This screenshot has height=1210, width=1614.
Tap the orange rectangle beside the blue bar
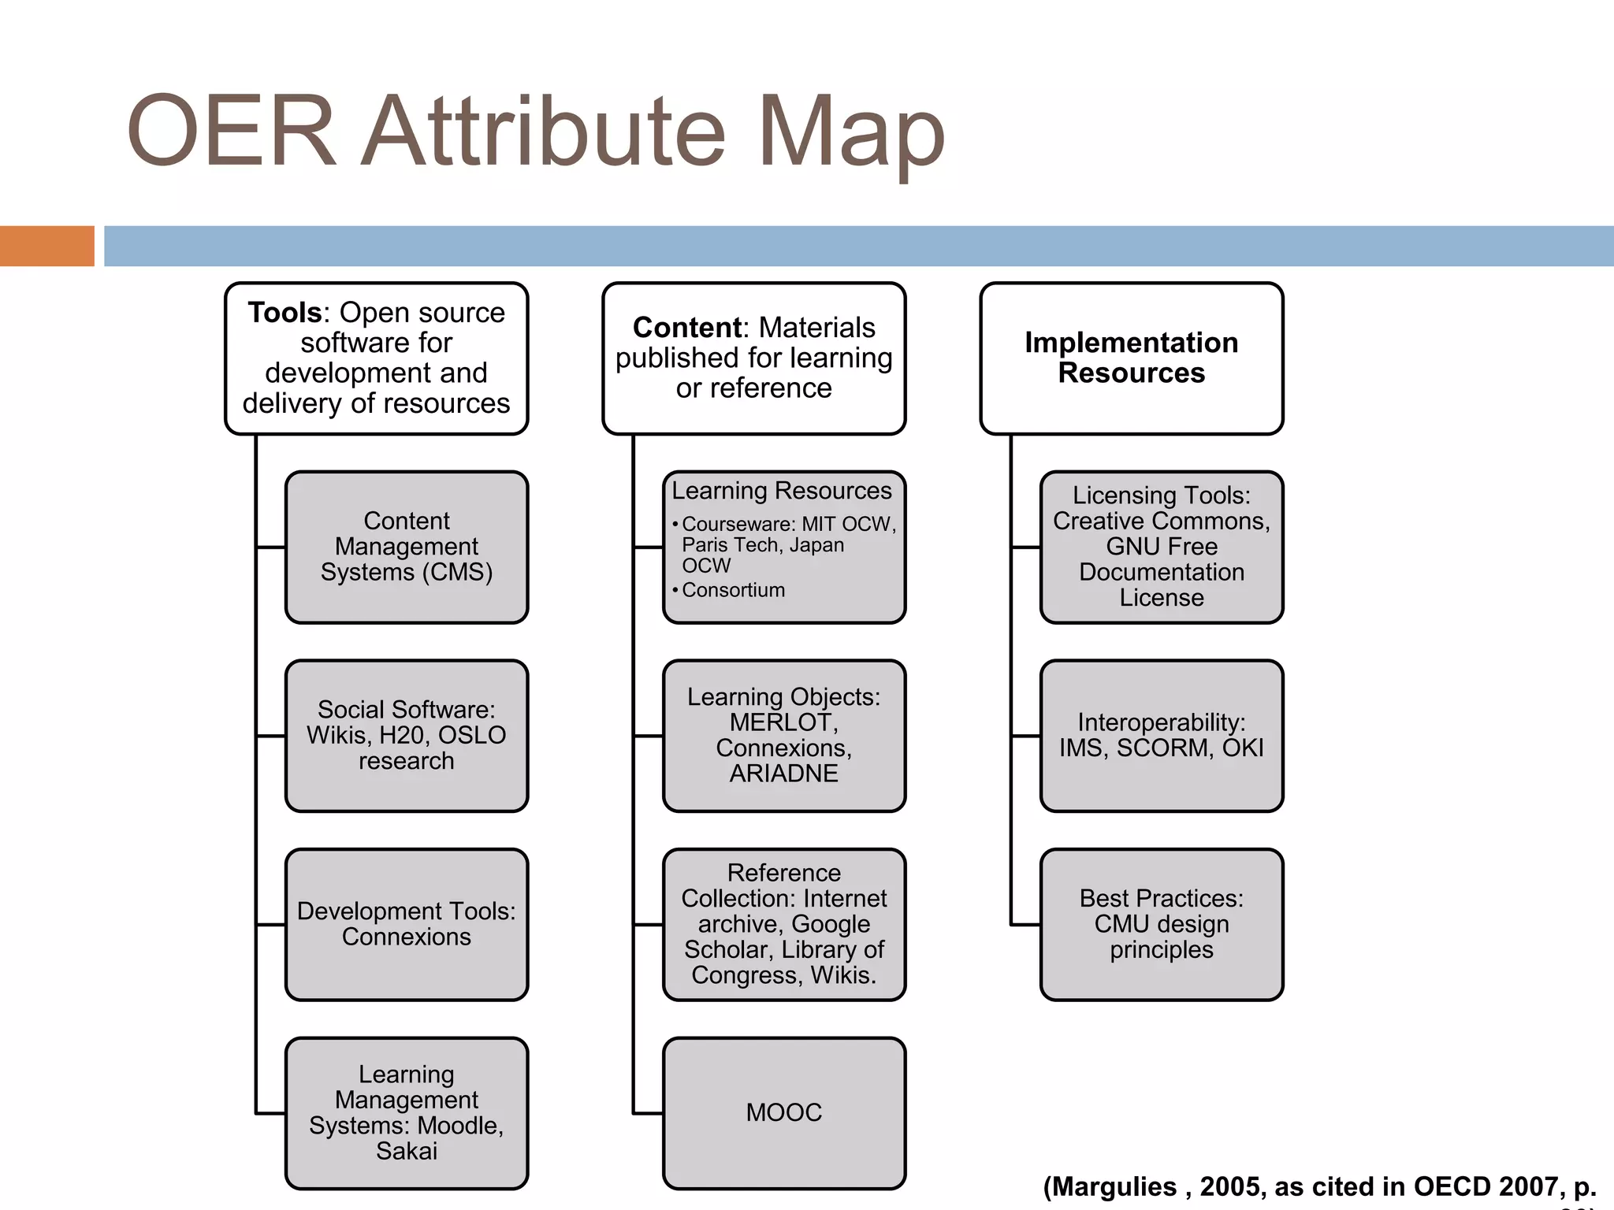click(x=46, y=246)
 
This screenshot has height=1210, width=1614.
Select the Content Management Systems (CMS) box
click(x=406, y=547)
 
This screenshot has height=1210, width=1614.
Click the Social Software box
click(x=406, y=736)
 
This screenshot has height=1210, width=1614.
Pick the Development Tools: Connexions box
click(x=406, y=924)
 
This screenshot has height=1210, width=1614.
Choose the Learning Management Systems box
click(x=406, y=1112)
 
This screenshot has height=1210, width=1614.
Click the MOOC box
click(x=783, y=1112)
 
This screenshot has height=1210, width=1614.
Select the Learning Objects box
click(x=783, y=736)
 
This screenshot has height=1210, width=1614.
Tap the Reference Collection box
click(x=783, y=924)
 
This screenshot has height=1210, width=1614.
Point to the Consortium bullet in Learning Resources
click(x=733, y=590)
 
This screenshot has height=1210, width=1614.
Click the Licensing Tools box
click(x=1161, y=547)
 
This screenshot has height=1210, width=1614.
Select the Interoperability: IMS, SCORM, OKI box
click(x=1161, y=736)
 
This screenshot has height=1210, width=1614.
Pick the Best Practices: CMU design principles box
click(x=1161, y=924)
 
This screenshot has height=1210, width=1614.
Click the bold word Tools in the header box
click(x=284, y=313)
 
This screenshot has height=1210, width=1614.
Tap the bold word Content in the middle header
click(x=686, y=328)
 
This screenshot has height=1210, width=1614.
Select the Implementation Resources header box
click(x=1131, y=358)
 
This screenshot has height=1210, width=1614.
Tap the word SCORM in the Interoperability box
click(x=1164, y=748)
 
